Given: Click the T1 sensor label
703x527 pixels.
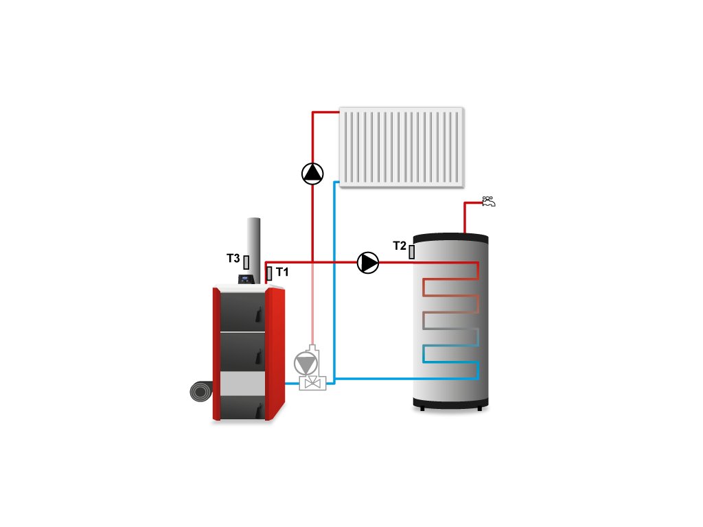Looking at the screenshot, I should pyautogui.click(x=282, y=272).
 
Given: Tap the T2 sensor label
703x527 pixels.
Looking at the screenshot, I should pyautogui.click(x=400, y=246).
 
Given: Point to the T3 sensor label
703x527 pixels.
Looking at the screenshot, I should pyautogui.click(x=233, y=259).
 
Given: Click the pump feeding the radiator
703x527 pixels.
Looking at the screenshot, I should pyautogui.click(x=312, y=173).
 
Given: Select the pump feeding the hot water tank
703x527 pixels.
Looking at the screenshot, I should pyautogui.click(x=368, y=262).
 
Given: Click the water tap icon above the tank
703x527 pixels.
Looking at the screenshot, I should pyautogui.click(x=489, y=201).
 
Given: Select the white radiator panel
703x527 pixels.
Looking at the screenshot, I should pyautogui.click(x=401, y=147).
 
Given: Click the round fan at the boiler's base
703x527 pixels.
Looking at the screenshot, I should pyautogui.click(x=200, y=393).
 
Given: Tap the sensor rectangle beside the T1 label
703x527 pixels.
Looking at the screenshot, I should pyautogui.click(x=269, y=273).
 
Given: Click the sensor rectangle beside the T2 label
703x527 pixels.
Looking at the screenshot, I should pyautogui.click(x=412, y=252).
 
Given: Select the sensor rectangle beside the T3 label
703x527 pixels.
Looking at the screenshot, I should pyautogui.click(x=246, y=262).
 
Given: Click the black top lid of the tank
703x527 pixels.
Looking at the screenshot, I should pyautogui.click(x=450, y=237).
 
